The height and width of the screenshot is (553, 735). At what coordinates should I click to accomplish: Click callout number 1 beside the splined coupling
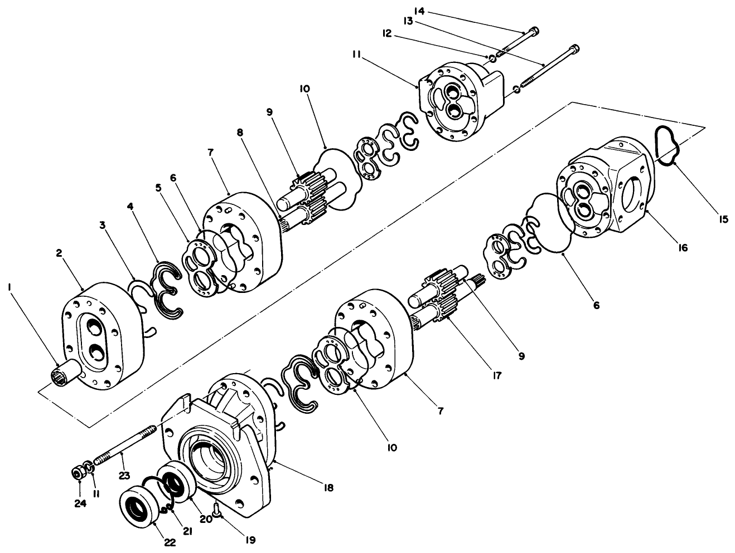[x=9, y=287]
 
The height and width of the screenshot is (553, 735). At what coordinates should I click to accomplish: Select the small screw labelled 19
[x=216, y=507]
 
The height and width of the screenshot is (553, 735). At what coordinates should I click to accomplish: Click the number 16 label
[x=683, y=248]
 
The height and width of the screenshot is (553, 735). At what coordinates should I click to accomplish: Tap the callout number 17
[x=495, y=375]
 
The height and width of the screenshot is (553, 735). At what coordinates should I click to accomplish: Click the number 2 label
[x=59, y=253]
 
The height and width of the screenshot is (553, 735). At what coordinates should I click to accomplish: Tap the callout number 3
[x=103, y=225]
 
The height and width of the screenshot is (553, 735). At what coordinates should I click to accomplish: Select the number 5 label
[x=158, y=188]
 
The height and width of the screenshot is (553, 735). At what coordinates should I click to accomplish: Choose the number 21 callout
[x=187, y=531]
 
